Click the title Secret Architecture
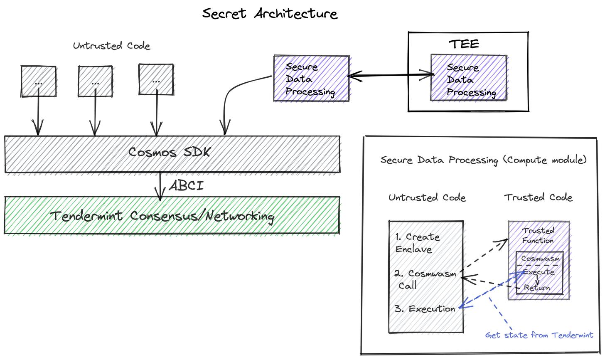[270, 13]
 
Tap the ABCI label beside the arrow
[187, 185]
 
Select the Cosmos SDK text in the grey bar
[169, 152]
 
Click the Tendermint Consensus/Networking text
[162, 216]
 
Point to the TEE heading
[464, 44]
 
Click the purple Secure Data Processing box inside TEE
[469, 78]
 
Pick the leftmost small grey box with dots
[38, 81]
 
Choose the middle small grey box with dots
[95, 81]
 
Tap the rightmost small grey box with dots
[156, 80]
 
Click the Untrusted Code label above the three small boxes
[111, 45]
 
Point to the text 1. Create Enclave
[417, 243]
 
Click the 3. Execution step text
[425, 309]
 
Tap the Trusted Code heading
[538, 197]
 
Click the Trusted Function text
[538, 235]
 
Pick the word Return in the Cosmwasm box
[537, 288]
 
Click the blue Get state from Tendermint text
[539, 335]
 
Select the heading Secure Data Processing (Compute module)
[483, 160]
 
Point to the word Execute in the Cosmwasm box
[539, 272]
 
